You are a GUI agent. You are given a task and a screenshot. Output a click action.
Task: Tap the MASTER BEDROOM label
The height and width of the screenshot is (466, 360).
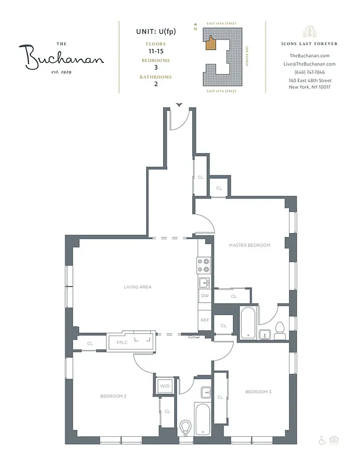(x=249, y=245)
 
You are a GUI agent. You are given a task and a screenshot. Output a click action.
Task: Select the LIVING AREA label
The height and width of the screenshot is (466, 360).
(x=137, y=287)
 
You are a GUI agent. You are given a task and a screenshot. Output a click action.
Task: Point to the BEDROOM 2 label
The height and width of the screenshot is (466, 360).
(x=113, y=396)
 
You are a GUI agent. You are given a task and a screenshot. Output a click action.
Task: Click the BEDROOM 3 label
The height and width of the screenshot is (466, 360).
(x=258, y=391)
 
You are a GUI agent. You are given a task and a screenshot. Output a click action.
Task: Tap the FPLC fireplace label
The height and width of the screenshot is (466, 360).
(x=122, y=343)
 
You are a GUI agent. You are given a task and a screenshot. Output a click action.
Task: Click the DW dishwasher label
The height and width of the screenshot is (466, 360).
(x=204, y=296)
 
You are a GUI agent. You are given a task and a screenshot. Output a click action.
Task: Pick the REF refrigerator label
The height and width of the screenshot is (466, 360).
(x=204, y=320)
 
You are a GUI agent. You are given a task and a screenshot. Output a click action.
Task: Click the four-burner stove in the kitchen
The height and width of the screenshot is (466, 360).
(x=204, y=266)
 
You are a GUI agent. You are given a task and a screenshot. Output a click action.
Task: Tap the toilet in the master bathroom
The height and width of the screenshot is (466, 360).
(x=279, y=330)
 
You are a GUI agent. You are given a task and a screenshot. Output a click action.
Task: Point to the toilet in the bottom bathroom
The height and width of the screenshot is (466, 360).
(x=186, y=428)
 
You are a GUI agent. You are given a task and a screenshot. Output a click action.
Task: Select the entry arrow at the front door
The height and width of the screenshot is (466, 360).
(x=179, y=105)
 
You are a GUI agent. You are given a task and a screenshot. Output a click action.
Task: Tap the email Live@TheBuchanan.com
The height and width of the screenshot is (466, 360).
(x=310, y=63)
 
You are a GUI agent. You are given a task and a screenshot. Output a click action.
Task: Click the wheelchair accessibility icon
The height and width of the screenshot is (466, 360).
(x=322, y=440)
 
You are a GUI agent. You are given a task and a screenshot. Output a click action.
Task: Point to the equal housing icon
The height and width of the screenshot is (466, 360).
(x=334, y=440)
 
